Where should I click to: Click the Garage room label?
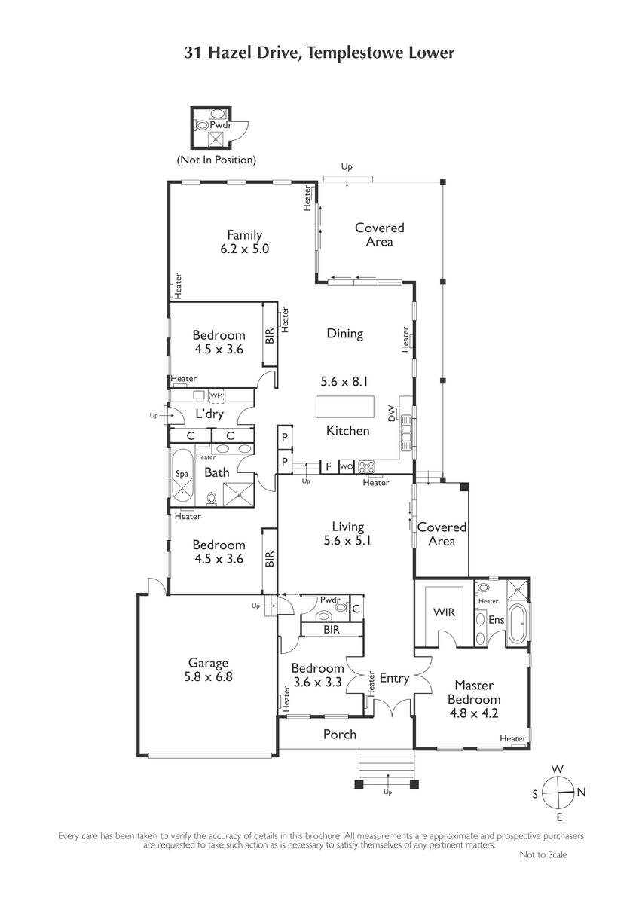click(208, 663)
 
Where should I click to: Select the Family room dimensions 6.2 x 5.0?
click(245, 249)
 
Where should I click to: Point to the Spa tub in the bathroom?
click(182, 475)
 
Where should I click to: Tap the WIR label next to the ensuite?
click(444, 612)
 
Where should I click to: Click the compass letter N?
click(581, 793)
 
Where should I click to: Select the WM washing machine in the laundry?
click(216, 396)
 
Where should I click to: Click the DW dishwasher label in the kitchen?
click(391, 414)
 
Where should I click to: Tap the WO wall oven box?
click(347, 466)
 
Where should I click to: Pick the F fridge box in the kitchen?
click(329, 466)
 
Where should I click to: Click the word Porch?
click(340, 734)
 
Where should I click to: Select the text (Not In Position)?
click(216, 160)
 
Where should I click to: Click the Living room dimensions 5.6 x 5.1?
click(347, 540)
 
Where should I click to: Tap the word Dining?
click(344, 334)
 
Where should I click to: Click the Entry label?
click(394, 679)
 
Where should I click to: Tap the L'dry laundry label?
click(209, 414)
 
